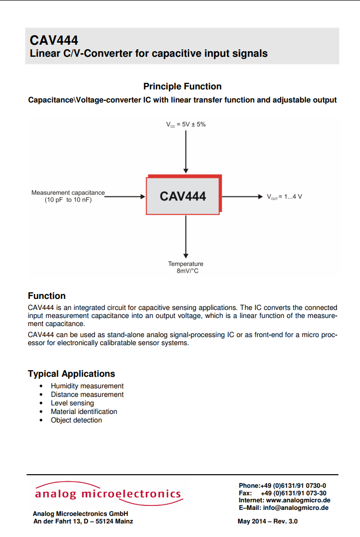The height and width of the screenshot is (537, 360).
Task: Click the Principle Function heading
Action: coord(182,86)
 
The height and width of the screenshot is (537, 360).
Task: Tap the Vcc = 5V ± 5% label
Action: coord(186,124)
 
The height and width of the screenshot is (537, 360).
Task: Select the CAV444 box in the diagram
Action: coord(183,196)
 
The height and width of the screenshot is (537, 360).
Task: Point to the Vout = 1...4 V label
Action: coord(284,196)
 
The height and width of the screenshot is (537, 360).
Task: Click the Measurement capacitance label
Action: coord(68,192)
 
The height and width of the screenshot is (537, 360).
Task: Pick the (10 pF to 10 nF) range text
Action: coord(68,200)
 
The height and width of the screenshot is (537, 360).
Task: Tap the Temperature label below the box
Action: coord(186,264)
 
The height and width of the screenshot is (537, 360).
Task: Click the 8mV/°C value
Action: coord(187,271)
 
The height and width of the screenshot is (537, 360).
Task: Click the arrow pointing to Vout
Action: coord(242,196)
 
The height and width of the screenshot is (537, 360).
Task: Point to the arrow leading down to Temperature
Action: coord(186,236)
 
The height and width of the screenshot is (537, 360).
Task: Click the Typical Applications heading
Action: coord(71,374)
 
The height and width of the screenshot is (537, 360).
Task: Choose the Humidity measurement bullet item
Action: coord(87,386)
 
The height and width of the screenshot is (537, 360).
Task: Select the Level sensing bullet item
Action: coord(72,403)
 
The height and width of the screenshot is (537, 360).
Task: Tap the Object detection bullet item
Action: coord(76,420)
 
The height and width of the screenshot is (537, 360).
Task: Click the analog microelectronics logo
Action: coord(107,494)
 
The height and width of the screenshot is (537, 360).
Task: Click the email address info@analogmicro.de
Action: coord(296,507)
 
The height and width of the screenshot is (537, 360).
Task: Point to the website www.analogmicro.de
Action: coord(298,500)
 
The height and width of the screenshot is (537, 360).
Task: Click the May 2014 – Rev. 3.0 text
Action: coord(268,521)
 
